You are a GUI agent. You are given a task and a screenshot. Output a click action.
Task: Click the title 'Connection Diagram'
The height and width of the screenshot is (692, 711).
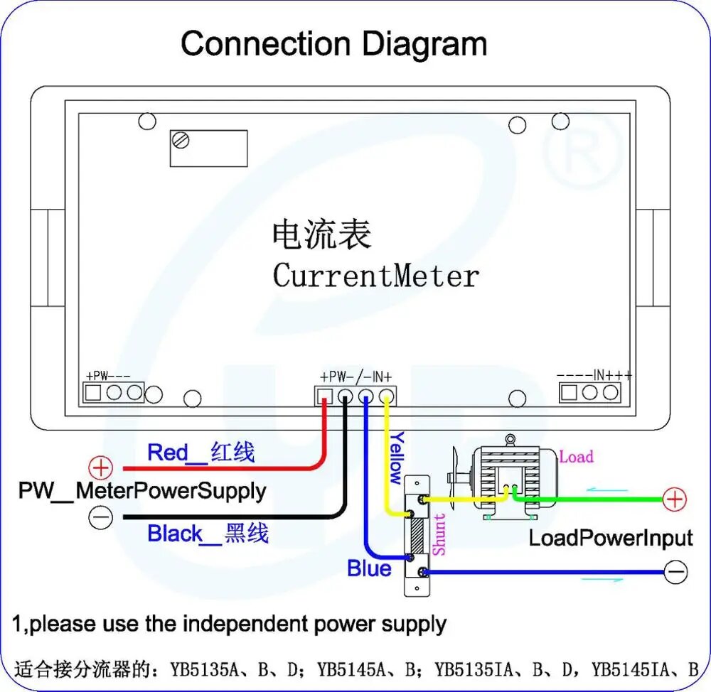click(x=333, y=44)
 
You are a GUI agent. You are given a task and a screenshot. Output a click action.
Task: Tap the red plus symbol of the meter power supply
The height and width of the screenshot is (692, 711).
click(x=101, y=467)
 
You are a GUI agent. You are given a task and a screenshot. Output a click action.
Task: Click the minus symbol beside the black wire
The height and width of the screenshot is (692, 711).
click(x=101, y=517)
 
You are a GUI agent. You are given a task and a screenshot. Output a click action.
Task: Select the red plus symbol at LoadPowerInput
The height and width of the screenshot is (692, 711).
click(x=675, y=499)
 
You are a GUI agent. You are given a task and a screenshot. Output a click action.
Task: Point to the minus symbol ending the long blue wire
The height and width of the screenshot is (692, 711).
click(x=675, y=572)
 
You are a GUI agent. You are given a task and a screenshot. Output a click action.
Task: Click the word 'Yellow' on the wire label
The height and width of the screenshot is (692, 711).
click(x=397, y=458)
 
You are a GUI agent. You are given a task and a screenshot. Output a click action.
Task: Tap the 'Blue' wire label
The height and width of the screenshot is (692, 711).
click(x=369, y=568)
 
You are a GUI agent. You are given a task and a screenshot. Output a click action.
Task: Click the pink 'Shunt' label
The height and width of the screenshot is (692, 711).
click(x=439, y=534)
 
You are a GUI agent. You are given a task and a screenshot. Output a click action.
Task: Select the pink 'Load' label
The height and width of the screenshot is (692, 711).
click(x=577, y=456)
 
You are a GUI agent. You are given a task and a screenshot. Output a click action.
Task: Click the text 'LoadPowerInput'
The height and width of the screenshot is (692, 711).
click(x=611, y=539)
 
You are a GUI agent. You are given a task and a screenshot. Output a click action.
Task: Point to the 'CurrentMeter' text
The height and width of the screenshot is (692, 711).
click(x=376, y=275)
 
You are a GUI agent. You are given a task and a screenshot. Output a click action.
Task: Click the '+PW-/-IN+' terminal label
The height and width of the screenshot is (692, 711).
click(x=356, y=377)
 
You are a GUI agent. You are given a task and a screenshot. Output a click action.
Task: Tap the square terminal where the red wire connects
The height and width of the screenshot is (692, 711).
click(x=324, y=396)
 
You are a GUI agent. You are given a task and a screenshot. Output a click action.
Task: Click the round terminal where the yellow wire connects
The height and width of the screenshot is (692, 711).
click(x=386, y=396)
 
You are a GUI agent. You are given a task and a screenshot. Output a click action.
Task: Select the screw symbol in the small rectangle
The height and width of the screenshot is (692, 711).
click(x=181, y=140)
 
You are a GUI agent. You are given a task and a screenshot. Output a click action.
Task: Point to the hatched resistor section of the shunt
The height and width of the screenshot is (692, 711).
click(x=417, y=536)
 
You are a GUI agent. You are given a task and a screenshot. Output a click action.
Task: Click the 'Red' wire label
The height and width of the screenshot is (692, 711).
click(x=167, y=453)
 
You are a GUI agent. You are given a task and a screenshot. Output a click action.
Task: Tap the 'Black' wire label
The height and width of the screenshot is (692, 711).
click(x=175, y=534)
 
